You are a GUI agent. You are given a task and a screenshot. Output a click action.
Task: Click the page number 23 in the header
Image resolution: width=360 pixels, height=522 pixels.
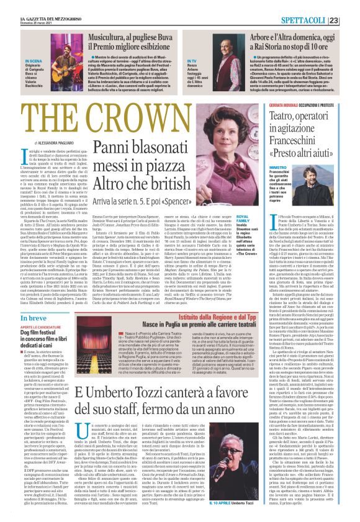pos(349,5)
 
